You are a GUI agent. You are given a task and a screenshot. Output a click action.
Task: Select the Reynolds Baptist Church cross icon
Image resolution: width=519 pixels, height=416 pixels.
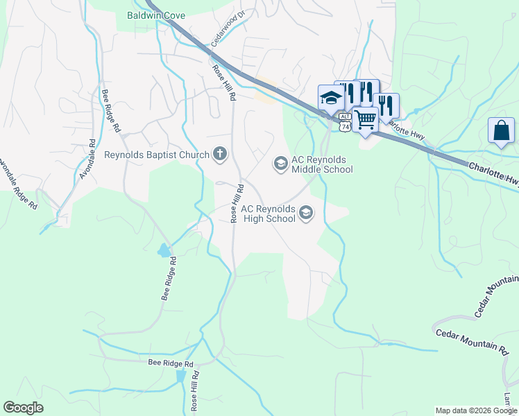click(x=220, y=153)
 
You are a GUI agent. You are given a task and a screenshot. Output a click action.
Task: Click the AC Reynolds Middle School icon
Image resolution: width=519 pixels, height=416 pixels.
click(x=280, y=163)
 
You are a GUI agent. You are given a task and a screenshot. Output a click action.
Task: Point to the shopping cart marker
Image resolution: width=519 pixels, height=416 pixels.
click(x=365, y=119)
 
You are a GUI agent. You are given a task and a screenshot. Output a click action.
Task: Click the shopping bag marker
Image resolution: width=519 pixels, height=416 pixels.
click(x=501, y=130)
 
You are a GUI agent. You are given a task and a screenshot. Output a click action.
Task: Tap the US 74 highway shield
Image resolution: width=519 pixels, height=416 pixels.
click(x=345, y=125)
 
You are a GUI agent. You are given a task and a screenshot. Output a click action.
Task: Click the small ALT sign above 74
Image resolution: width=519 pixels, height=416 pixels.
click(x=345, y=118)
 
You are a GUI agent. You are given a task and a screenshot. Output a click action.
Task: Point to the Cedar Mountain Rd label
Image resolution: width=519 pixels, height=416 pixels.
click(x=472, y=339)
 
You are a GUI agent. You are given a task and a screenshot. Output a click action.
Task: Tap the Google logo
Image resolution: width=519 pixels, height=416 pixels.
click(x=23, y=408)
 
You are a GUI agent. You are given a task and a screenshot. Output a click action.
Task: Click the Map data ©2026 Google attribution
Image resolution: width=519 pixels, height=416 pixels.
click(x=476, y=410)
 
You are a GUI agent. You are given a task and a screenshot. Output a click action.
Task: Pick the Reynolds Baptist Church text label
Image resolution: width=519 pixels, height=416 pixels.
click(x=157, y=154)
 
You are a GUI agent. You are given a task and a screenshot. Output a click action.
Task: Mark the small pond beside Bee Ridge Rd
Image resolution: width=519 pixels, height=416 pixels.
click(x=164, y=250)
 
